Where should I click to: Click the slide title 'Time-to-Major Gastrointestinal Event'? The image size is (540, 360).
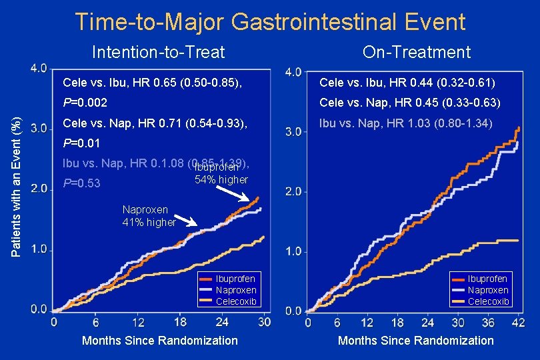point(270,22)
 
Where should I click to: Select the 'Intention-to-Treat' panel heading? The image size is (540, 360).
point(158,52)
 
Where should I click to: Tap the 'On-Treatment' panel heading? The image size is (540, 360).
point(417,52)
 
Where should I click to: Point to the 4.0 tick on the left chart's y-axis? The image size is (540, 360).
point(39,68)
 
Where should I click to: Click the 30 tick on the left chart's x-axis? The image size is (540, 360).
point(265,323)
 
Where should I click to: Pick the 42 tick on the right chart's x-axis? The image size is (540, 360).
point(518,323)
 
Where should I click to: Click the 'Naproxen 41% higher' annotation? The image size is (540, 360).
point(149,216)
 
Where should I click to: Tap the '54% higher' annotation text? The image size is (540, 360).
point(221,179)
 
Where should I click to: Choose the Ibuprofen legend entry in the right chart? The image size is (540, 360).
point(487,279)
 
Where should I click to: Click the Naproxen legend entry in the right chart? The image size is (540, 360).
point(487,290)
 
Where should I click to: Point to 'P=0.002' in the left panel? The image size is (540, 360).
point(85,103)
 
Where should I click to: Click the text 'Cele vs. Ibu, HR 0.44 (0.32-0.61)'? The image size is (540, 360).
point(407,83)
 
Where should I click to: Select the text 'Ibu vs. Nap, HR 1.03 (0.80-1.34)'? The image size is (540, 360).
point(405,123)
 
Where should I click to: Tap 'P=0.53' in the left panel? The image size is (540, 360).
point(82,183)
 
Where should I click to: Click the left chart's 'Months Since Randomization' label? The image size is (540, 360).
point(159,341)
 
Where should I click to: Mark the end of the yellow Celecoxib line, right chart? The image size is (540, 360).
point(518,240)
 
